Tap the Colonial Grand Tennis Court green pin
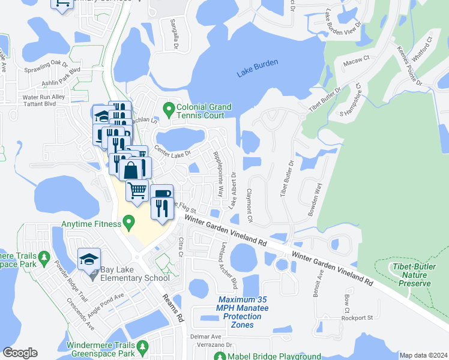pyautogui.click(x=169, y=110)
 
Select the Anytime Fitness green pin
pyautogui.click(x=128, y=225)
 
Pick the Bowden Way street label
pyautogui.click(x=315, y=196)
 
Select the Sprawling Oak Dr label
pyautogui.click(x=46, y=63)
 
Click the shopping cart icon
pyautogui.click(x=137, y=190)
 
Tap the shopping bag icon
pyautogui.click(x=131, y=170)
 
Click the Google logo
pyautogui.click(x=20, y=353)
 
